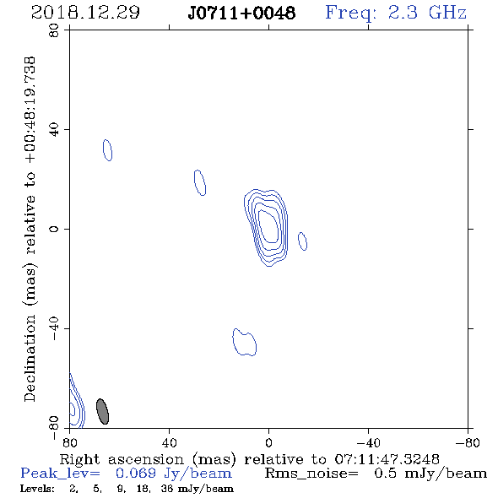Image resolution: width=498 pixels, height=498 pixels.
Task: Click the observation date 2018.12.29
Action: pos(85,13)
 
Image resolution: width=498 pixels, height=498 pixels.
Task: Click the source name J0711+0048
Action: pos(241,13)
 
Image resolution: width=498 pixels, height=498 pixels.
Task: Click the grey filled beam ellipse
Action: pos(103,411)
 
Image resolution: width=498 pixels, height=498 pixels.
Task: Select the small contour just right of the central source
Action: pos(302,241)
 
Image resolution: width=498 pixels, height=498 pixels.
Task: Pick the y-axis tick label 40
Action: pos(54,130)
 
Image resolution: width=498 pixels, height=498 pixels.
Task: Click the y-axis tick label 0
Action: pos(54,229)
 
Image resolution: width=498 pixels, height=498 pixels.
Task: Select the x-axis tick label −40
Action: pos(368,442)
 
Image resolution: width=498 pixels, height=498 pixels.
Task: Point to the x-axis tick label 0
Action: pos(268,442)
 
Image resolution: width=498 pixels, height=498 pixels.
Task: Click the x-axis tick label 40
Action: pos(170,442)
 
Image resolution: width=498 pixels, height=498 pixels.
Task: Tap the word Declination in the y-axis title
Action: pos(30,359)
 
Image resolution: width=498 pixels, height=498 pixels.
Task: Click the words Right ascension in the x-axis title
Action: pos(122,459)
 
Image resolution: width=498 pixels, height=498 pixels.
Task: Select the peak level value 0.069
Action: pos(136,474)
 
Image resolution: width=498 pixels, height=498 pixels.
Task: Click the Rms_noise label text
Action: pos(311,474)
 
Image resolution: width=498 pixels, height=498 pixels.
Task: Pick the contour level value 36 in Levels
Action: pos(167,488)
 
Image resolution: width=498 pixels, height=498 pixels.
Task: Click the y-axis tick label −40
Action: pos(54,328)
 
